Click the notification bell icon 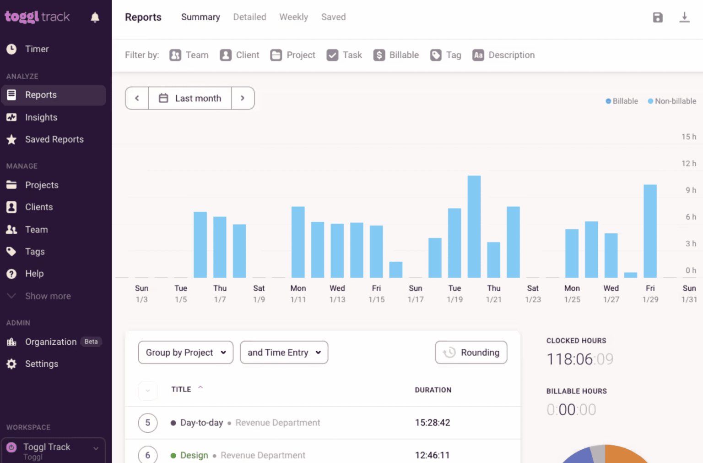95,17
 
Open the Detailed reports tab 249,17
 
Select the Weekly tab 293,17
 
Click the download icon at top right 684,17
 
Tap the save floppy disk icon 658,17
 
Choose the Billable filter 396,55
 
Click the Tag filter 446,55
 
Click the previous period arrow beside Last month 137,98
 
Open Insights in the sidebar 41,117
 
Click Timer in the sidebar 37,49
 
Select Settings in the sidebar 42,364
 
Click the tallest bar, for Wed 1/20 474,226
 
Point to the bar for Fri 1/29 650,231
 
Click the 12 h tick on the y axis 688,164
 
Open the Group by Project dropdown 185,353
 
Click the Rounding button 471,353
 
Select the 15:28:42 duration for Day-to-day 433,423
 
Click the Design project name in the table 194,455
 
